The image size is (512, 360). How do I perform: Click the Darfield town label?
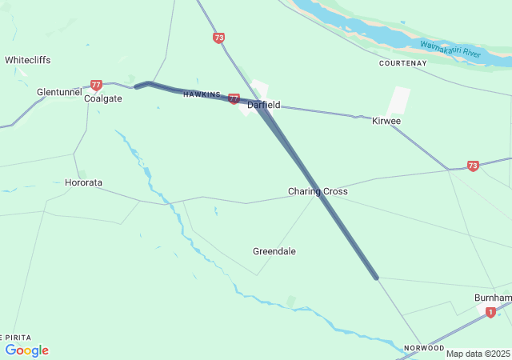[263, 105]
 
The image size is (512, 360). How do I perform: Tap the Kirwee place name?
[386, 121]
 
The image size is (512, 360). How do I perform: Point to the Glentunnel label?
[59, 92]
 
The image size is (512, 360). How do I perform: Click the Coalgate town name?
[103, 98]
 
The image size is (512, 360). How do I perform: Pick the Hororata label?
[83, 182]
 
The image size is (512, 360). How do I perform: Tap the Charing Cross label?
[318, 192]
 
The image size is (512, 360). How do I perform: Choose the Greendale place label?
[274, 251]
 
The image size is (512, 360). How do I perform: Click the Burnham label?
[493, 297]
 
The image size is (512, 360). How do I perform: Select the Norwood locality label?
[424, 348]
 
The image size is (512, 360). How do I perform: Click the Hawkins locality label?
[201, 94]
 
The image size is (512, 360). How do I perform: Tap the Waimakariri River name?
[450, 50]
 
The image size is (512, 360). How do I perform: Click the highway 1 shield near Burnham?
[490, 313]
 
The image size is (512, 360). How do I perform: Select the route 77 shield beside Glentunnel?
[97, 84]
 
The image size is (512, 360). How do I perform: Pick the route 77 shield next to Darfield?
[234, 98]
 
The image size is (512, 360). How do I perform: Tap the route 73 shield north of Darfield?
[219, 38]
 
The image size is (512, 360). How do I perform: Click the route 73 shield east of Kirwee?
[473, 166]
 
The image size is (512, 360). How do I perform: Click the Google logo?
[27, 350]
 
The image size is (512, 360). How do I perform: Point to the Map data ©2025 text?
[478, 354]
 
